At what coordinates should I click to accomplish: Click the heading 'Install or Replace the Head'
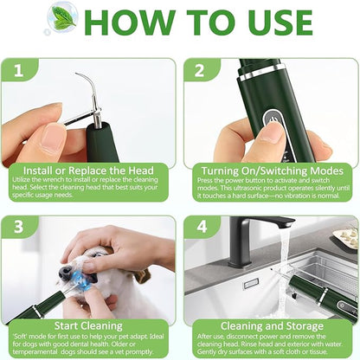(90, 171)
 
